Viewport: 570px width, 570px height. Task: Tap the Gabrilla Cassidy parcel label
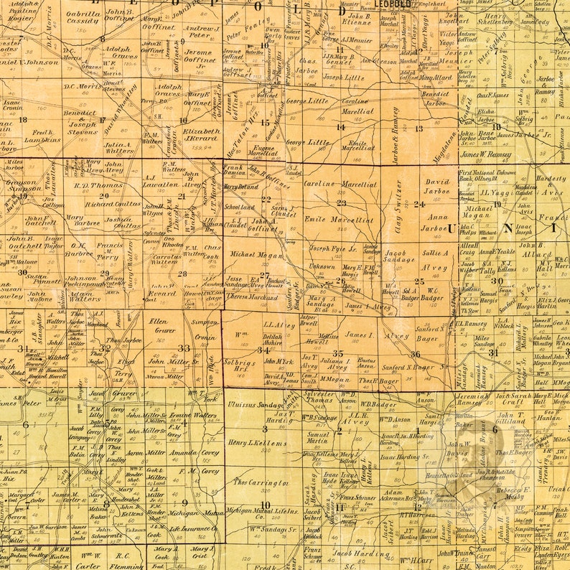coord(83,17)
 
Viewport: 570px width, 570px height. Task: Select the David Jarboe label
coord(436,187)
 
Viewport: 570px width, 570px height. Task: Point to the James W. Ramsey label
coord(485,154)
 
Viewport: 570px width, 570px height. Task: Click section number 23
coord(342,203)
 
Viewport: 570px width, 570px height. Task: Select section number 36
coord(415,354)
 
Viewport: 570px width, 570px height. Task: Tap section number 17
coord(102,120)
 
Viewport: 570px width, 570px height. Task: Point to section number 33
coord(184,348)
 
